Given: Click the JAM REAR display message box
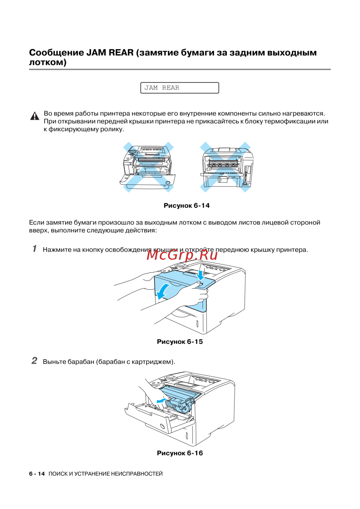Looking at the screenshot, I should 179,88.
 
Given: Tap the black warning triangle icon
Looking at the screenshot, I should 35,116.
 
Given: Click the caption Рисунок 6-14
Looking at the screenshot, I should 186,205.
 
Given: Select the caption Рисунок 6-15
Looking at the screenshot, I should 180,341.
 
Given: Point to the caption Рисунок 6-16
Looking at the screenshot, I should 180,453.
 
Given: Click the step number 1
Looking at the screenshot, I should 35,249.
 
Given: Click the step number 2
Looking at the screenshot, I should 34,360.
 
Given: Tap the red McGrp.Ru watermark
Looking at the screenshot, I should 182,255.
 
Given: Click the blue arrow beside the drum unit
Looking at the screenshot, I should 162,400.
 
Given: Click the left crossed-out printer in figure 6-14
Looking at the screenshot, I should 148,167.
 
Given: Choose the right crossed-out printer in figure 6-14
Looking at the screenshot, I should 225,167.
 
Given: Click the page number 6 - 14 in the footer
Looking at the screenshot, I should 37,474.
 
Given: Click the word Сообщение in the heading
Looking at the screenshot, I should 56,53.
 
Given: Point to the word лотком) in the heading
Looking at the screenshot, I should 48,62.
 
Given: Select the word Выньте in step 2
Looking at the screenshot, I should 54,362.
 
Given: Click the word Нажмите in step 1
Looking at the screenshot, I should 57,250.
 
